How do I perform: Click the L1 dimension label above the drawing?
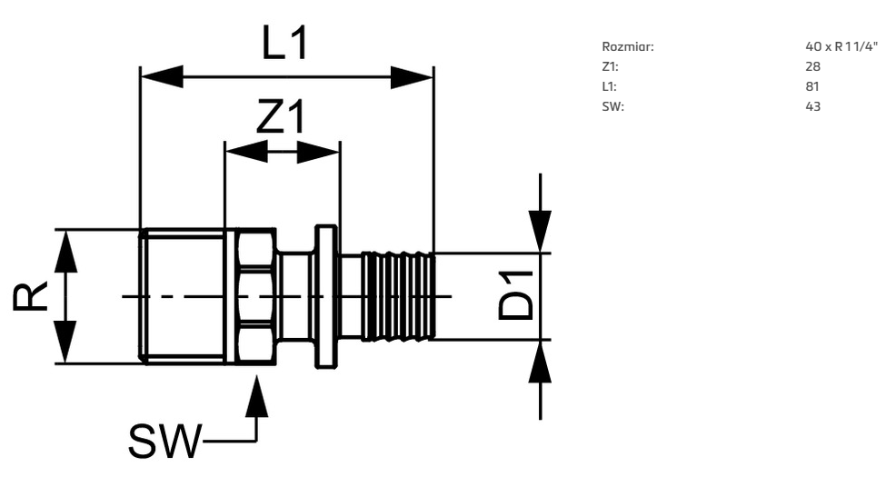284,43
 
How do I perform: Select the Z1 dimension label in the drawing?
281,116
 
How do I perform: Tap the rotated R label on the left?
30,296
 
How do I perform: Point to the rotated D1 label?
515,296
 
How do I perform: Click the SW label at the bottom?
165,441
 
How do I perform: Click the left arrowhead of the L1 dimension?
162,77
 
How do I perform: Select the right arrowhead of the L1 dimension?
412,77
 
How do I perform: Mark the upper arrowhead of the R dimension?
65,251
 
